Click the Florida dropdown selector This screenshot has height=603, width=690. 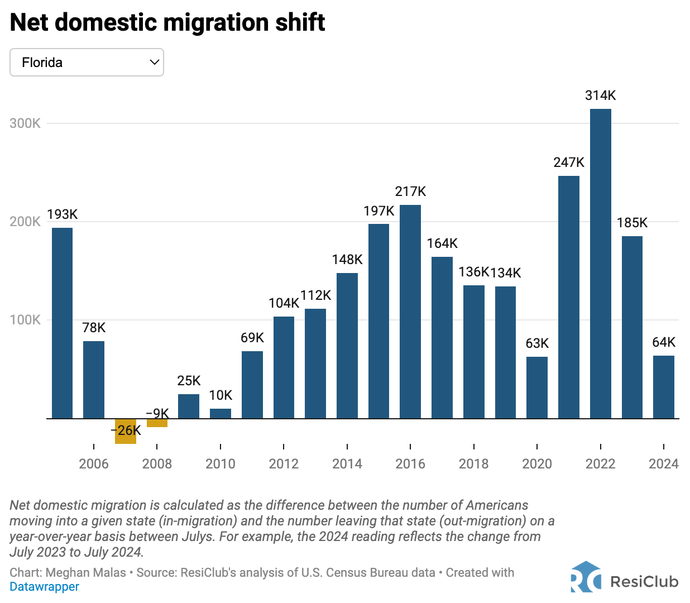tap(87, 63)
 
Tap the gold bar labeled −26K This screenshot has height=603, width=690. tap(125, 431)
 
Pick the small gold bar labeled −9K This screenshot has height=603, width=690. tap(157, 423)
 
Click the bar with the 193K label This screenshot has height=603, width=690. tap(62, 323)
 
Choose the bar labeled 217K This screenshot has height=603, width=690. tap(410, 312)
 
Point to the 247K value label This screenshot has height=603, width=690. tap(569, 162)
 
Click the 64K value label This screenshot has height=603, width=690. tap(664, 342)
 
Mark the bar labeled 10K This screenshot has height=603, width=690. tap(221, 413)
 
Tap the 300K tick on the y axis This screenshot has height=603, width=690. tap(25, 123)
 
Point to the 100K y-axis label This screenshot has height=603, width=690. tap(25, 320)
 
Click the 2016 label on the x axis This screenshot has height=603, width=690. tap(410, 464)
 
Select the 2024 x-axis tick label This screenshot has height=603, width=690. tap(664, 464)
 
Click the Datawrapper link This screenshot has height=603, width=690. tap(45, 587)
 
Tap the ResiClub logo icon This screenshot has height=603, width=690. tap(586, 577)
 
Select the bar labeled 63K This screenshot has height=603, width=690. tap(536, 387)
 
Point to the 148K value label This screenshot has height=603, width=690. tap(347, 260)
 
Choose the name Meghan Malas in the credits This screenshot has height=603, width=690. tap(86, 572)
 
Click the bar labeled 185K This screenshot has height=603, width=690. tap(632, 327)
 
